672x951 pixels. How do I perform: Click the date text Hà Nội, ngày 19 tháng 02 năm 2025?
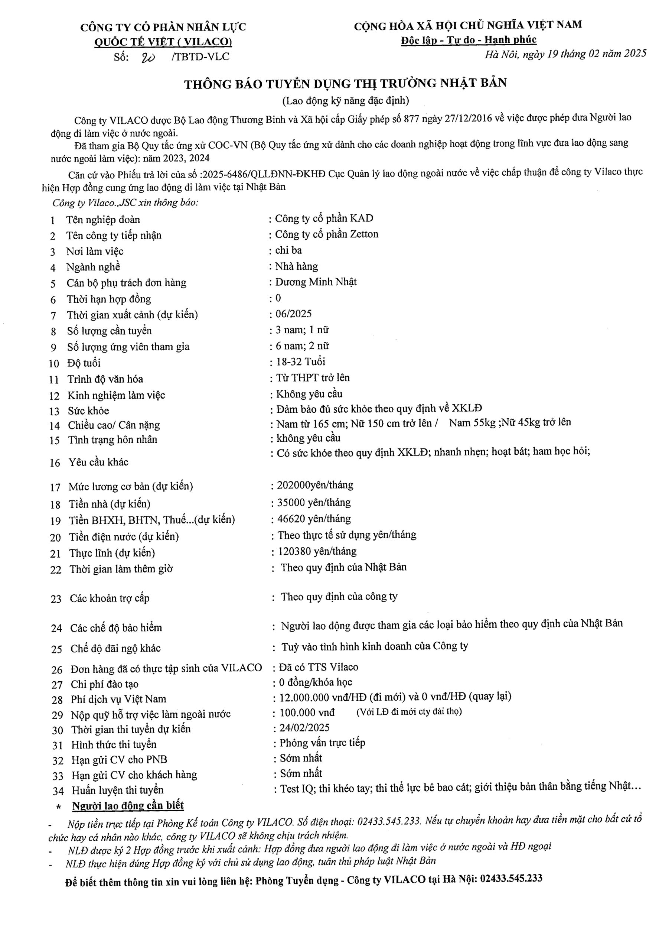tap(565, 54)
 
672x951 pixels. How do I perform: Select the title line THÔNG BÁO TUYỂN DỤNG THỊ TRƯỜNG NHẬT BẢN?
tap(345, 84)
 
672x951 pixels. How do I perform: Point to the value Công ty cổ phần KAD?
tap(324, 218)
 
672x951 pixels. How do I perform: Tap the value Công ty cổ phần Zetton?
tap(326, 234)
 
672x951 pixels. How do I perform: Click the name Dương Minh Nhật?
tap(316, 282)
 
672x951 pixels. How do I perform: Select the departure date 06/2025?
tap(294, 314)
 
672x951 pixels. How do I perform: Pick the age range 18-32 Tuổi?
tap(301, 361)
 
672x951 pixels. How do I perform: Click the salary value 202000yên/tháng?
tap(315, 485)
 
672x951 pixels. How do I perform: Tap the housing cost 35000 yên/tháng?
tap(314, 503)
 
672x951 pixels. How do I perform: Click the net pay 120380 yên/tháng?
tap(317, 551)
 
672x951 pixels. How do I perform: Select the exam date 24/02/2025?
tap(304, 728)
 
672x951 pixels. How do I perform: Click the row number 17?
tap(55, 487)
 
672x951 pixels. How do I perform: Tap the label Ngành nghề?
tap(93, 267)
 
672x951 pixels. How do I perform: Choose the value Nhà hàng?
tap(296, 266)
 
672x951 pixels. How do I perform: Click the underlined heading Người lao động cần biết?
tap(128, 806)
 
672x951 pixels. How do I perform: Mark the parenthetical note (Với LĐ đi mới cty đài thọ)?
tap(409, 712)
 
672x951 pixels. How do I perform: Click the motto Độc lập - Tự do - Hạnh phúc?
tap(468, 40)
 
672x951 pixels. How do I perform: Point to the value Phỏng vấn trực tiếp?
tap(322, 743)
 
